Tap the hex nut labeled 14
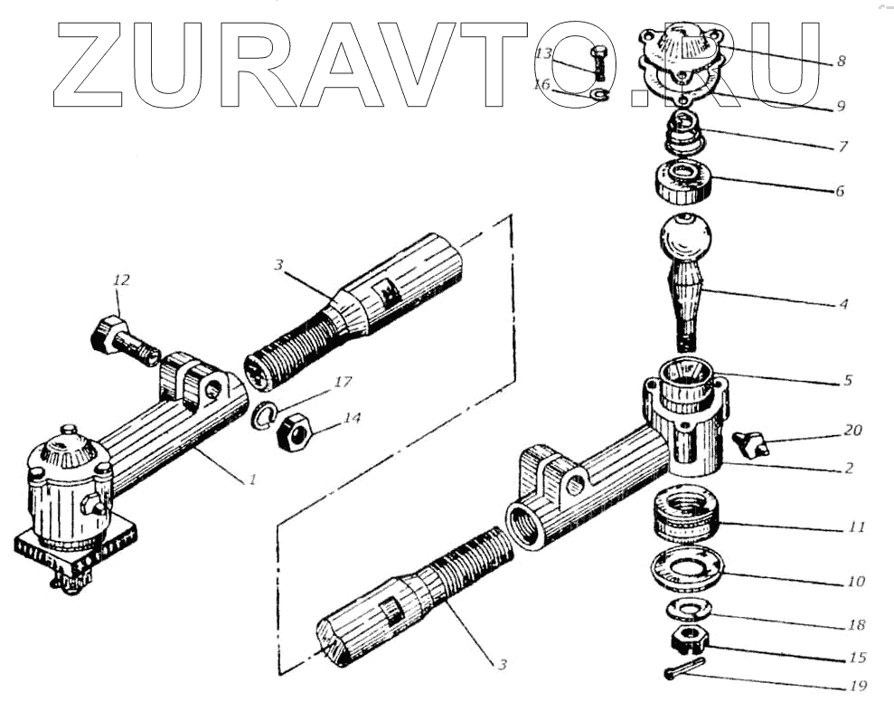click(x=294, y=432)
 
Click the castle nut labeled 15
click(x=689, y=643)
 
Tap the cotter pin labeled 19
click(x=686, y=672)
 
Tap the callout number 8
click(x=841, y=62)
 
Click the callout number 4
click(x=843, y=304)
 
